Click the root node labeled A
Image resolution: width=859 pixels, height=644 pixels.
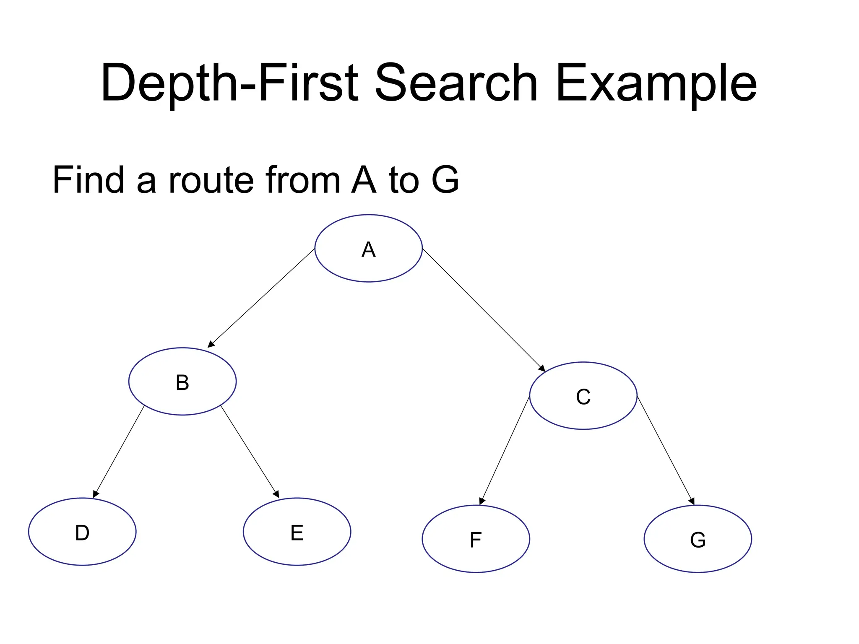[368, 248]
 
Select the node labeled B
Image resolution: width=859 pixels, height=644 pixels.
[182, 381]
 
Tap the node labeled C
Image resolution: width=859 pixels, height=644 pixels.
[583, 395]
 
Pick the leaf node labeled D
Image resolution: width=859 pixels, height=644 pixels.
[82, 532]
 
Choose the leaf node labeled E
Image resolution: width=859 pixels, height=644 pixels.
[297, 532]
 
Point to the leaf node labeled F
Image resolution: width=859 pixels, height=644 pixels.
[476, 539]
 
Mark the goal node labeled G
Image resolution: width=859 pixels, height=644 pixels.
[698, 539]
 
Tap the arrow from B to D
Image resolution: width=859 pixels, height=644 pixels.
[119, 451]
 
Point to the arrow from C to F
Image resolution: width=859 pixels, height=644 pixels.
[505, 450]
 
